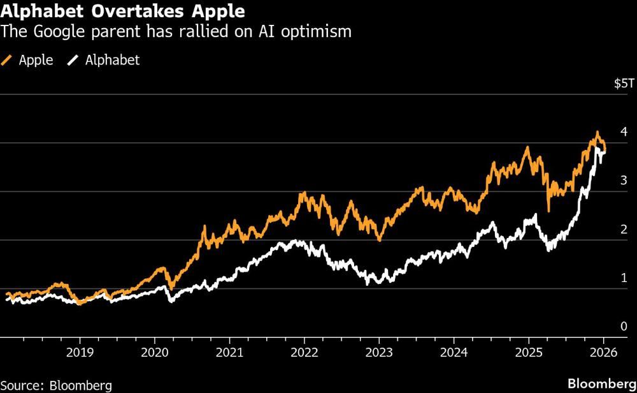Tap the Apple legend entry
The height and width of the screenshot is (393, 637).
[29, 61]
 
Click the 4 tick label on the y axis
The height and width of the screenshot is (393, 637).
[624, 132]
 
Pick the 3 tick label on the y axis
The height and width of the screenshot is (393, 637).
[624, 181]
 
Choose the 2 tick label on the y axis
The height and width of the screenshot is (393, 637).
[624, 229]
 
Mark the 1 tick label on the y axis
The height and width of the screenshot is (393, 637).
[624, 278]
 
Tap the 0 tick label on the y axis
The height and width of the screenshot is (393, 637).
[624, 326]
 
